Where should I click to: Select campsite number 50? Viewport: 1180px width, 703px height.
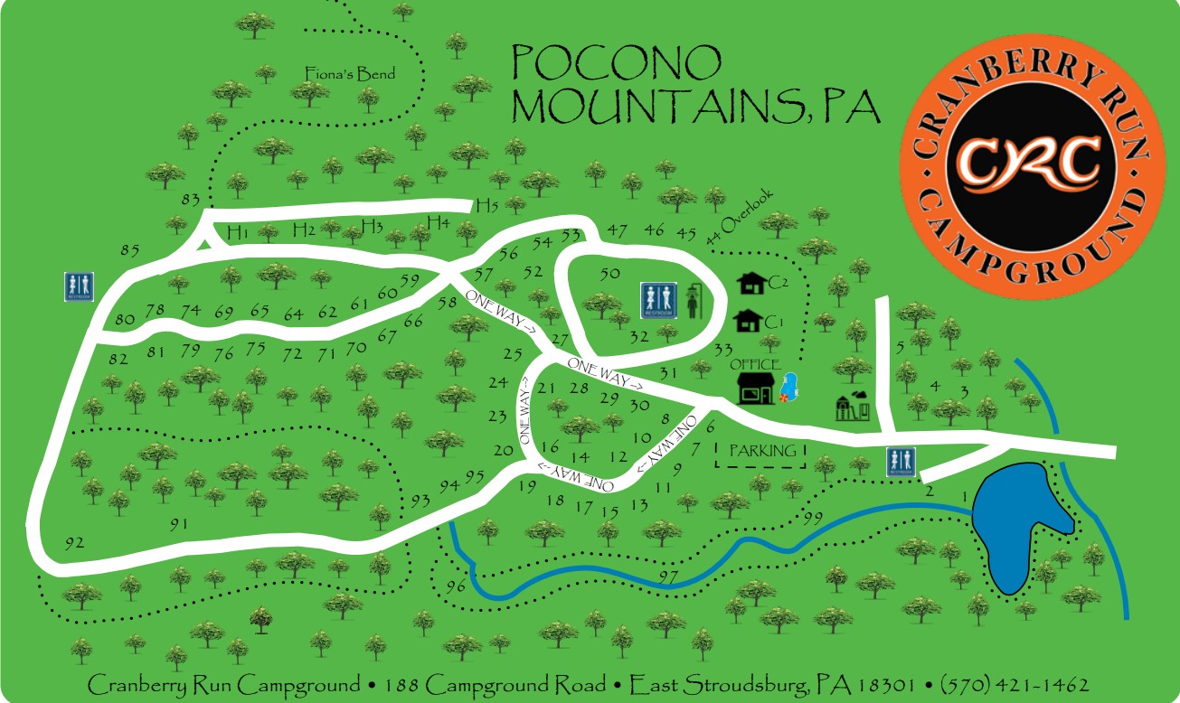pos(609,272)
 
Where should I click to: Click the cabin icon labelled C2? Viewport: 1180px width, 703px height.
pos(750,284)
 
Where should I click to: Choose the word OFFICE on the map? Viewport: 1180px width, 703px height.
pos(756,364)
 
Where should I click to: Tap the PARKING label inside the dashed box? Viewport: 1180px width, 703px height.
pos(764,450)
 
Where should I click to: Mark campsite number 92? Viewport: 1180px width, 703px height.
pos(74,542)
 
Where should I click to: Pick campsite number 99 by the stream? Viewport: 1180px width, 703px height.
pos(812,517)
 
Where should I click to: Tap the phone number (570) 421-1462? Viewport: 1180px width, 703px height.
pos(1014,683)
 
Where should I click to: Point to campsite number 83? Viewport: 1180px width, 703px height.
pos(191,199)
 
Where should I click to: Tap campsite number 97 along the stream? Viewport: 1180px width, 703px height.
pos(668,576)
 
